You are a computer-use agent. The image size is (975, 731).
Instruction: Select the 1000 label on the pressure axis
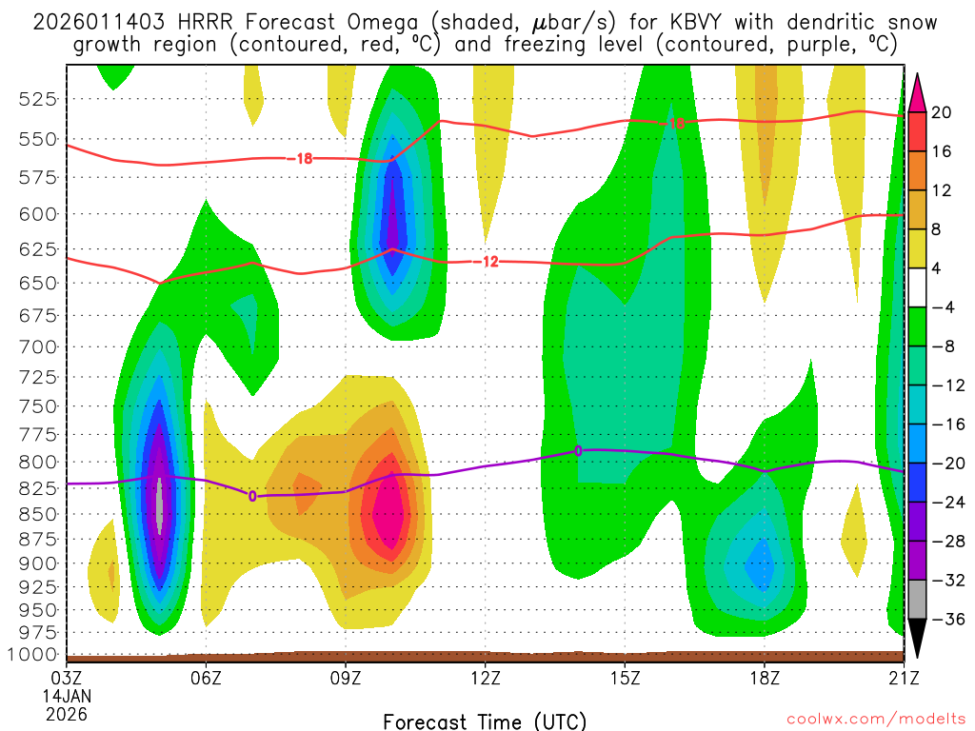pyautogui.click(x=35, y=654)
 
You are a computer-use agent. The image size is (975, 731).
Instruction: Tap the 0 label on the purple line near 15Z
pyautogui.click(x=578, y=450)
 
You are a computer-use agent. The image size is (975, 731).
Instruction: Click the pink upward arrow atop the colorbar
pyautogui.click(x=918, y=90)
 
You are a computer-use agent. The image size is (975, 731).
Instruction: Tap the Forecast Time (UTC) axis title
pyautogui.click(x=485, y=721)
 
